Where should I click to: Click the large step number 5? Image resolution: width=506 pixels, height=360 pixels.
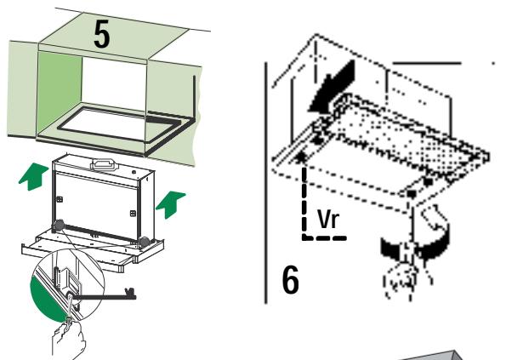(x=102, y=35)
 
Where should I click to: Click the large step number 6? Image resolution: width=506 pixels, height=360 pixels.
(x=291, y=280)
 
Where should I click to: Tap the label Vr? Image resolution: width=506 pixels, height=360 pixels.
(x=328, y=219)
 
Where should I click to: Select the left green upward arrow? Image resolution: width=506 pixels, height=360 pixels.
(x=33, y=176)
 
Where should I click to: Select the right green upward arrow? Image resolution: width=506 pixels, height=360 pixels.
(x=171, y=204)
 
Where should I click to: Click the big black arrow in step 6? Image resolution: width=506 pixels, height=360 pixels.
(x=333, y=87)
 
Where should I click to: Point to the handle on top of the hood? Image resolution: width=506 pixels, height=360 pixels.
(x=105, y=164)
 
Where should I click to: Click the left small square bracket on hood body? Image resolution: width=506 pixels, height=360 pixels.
(x=60, y=199)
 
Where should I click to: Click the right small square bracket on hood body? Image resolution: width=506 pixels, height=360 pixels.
(x=133, y=213)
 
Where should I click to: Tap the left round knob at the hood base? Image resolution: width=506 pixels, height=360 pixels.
(x=59, y=225)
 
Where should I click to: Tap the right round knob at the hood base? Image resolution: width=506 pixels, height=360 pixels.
(x=144, y=242)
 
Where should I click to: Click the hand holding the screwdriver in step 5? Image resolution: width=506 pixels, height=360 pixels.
(x=69, y=341)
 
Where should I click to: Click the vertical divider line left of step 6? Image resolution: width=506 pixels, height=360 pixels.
(x=266, y=183)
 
